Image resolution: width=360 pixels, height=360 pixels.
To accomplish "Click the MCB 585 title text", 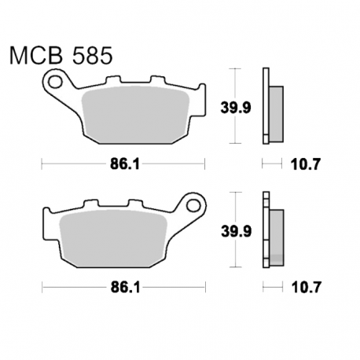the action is [61, 56].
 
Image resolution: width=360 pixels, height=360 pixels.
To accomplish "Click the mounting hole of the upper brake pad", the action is [55, 82].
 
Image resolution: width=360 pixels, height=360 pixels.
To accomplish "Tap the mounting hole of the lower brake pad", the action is [193, 205].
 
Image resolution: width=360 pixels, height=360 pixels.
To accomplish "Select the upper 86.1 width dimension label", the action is [125, 164].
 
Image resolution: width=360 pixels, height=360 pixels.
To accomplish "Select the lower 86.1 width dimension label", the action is [125, 288].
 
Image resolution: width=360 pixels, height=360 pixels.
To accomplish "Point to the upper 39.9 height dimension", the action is [236, 108].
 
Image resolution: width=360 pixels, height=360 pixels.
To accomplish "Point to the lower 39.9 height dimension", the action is [237, 231].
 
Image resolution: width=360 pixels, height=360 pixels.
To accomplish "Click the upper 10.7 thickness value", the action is [306, 164].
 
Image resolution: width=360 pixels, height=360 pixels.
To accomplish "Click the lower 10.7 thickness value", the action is [307, 288].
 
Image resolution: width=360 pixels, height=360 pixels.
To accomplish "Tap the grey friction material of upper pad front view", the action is [135, 115].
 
